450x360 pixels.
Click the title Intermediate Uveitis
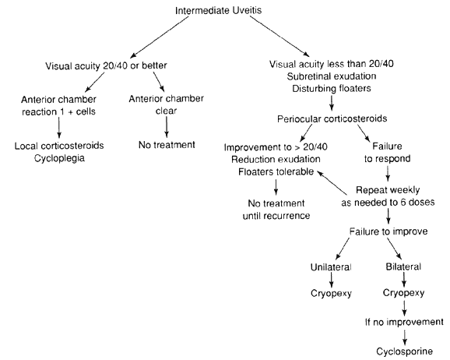point(219,11)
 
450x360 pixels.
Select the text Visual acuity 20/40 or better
point(106,65)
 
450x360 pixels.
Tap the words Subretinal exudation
point(332,76)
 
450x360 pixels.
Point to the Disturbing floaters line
point(332,88)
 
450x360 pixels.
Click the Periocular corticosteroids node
point(332,118)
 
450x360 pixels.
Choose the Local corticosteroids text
point(59,146)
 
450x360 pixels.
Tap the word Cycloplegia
point(59,158)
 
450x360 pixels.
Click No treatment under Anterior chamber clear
point(167,144)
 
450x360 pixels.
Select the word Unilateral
point(331,267)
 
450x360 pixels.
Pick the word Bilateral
point(403,266)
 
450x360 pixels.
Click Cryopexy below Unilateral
point(331,293)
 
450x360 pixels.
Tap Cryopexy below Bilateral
point(403,293)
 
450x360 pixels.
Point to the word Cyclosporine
point(404,351)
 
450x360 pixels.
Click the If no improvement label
point(404,322)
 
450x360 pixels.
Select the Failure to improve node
point(388,231)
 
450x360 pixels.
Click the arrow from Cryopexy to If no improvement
point(404,308)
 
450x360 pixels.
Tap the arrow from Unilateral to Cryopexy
point(332,280)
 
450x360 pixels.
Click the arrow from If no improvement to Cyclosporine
point(404,337)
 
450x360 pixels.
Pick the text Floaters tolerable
point(276,171)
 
